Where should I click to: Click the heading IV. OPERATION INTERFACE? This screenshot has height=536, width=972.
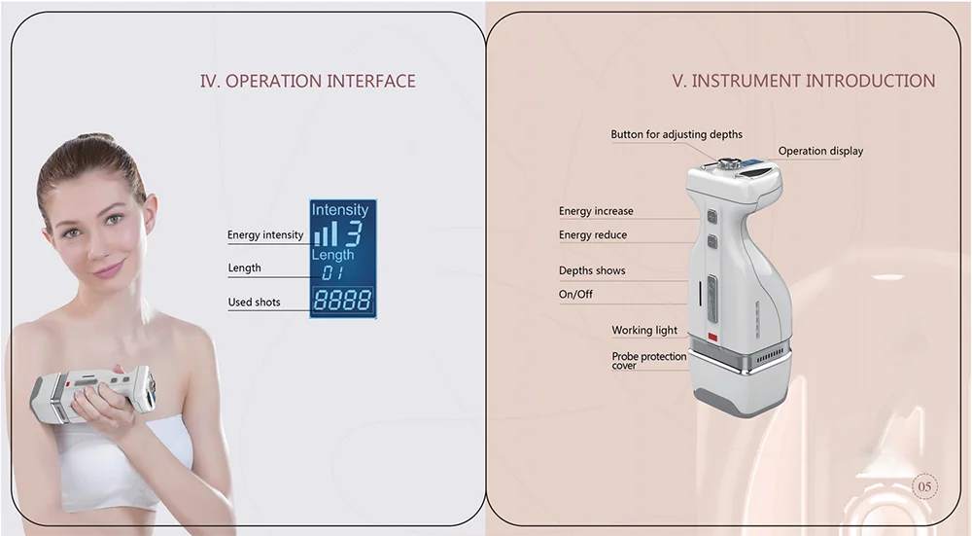point(307,81)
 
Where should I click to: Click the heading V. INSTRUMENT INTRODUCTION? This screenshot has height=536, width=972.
point(804,81)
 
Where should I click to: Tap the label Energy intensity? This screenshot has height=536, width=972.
point(265,234)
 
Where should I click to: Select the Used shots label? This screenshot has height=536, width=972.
point(254,302)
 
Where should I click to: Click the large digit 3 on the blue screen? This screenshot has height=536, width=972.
point(354,232)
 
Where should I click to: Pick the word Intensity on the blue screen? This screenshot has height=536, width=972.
point(340,209)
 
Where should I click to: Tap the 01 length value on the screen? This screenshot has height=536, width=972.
point(333,273)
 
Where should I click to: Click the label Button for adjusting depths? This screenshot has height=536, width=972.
point(676,134)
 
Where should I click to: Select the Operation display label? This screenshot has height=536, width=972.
point(820,151)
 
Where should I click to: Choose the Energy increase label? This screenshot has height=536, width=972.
point(596,211)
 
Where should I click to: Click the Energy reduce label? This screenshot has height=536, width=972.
point(593,234)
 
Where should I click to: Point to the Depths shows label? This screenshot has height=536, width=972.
point(592,270)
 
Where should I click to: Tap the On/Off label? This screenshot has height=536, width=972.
point(575,294)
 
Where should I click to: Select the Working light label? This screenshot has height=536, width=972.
point(644,331)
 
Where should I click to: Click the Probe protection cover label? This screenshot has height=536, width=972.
point(648,361)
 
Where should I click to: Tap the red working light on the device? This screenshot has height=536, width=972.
point(712,338)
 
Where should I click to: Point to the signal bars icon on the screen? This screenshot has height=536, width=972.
point(327,233)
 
